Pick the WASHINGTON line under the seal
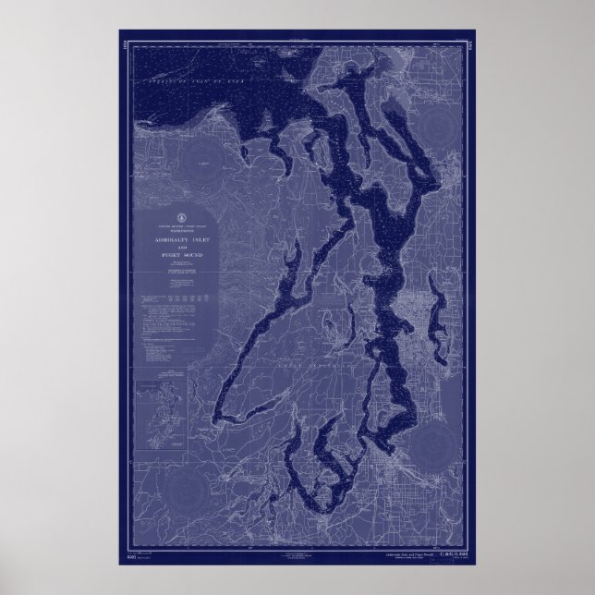pos(180,230)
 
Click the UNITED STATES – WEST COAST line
pos(180,225)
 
